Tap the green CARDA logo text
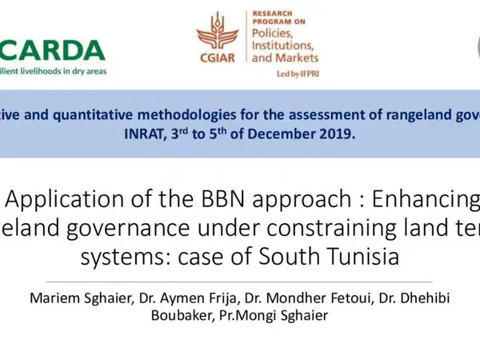(60, 50)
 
